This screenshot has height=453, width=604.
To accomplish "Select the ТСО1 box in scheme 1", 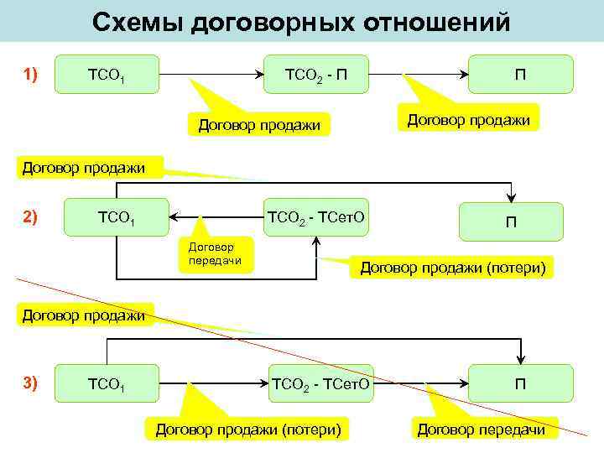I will pos(108,74).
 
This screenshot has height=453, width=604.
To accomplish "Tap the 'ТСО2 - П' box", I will pos(315,74).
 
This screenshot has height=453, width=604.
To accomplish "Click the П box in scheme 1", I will pos(521,74).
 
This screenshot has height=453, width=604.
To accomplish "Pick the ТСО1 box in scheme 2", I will pos(117,220).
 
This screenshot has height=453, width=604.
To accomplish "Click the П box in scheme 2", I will pos(510,221).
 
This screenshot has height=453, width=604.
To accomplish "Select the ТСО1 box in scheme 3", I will pos(108,383).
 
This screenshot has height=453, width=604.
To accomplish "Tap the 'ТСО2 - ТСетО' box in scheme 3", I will pos(320,383).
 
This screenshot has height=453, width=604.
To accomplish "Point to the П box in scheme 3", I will pos(521,383).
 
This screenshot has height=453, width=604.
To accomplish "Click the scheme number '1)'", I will pos(31,74).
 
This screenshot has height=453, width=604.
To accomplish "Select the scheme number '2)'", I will pos(31,217).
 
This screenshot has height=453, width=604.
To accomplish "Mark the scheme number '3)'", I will pos(31,383).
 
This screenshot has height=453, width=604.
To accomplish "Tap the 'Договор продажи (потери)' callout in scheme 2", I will pos(453,268).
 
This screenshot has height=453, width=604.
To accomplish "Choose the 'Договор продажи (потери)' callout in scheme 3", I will pos(248,430).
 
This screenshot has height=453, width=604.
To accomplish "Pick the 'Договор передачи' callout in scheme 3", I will pos(481,430).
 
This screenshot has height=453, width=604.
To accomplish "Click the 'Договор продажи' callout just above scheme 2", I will pos(83,168).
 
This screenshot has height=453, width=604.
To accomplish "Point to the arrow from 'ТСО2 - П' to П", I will pos(419,75).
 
